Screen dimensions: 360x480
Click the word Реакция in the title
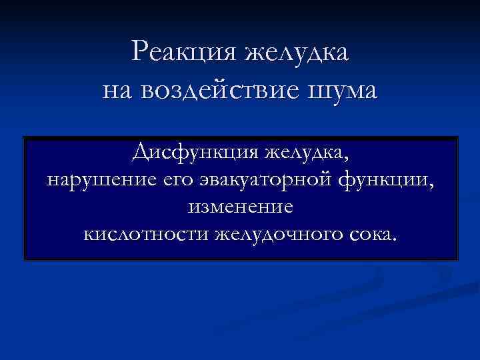pos(185,52)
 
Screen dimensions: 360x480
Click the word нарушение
pos(99,180)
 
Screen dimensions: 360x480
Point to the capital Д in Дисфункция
pos(141,153)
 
